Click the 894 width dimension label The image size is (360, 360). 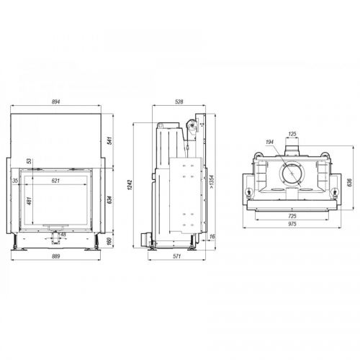pos(55,102)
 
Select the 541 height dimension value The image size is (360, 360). pos(109,140)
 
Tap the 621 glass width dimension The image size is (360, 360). pos(55,181)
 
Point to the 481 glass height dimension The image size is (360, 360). pos(29,201)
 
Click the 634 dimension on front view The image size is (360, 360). pos(109,200)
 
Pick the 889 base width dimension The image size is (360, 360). pos(55,256)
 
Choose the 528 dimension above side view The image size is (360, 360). pos(179,102)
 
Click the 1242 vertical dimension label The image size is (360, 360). pos(130,185)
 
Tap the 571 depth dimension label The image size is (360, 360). pos(176,256)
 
